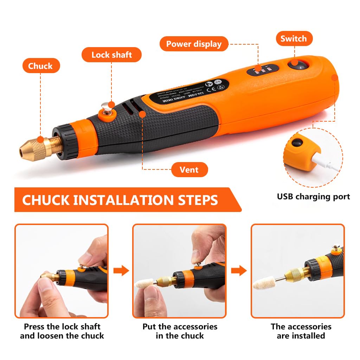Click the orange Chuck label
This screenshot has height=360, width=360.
[40, 66]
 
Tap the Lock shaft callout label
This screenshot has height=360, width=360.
[111, 55]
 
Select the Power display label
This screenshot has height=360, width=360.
[194, 44]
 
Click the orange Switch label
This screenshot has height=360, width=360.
[294, 39]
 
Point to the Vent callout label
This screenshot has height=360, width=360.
[189, 170]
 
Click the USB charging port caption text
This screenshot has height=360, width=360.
[313, 197]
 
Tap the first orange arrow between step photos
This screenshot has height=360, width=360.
[121, 271]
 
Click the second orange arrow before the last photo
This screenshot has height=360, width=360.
[239, 271]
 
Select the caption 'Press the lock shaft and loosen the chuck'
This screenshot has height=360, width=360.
[62, 331]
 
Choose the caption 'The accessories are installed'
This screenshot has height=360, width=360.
[301, 331]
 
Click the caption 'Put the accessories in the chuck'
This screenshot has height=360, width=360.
[180, 331]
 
